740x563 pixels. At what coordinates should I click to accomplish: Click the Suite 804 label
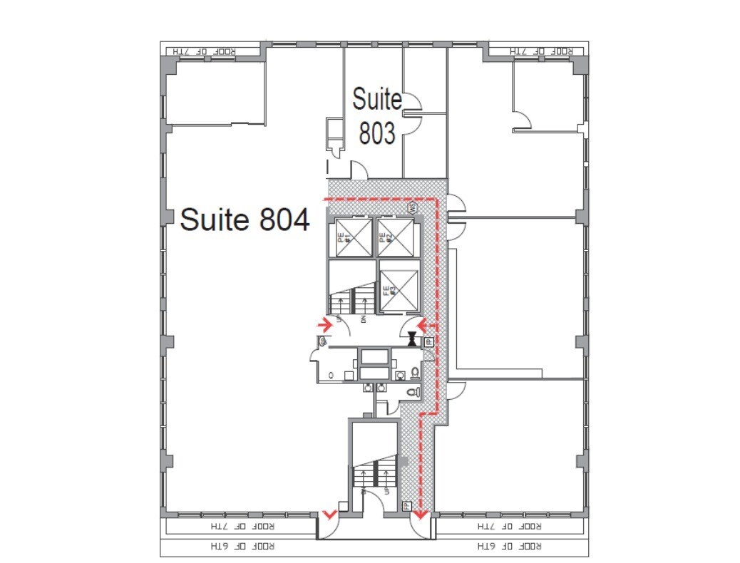[x=245, y=219]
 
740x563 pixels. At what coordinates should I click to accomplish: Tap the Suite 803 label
[x=377, y=116]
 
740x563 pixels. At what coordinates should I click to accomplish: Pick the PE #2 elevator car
[x=395, y=237]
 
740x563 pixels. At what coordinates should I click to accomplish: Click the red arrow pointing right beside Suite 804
[x=325, y=326]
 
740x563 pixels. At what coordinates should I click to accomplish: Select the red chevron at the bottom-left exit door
[x=329, y=514]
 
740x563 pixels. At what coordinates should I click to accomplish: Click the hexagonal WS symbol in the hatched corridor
[x=412, y=207]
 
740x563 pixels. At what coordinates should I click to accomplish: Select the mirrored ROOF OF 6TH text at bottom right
[x=508, y=547]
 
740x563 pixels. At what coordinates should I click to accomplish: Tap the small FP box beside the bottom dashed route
[x=406, y=507]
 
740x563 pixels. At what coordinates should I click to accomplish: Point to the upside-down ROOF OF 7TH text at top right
[x=543, y=51]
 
